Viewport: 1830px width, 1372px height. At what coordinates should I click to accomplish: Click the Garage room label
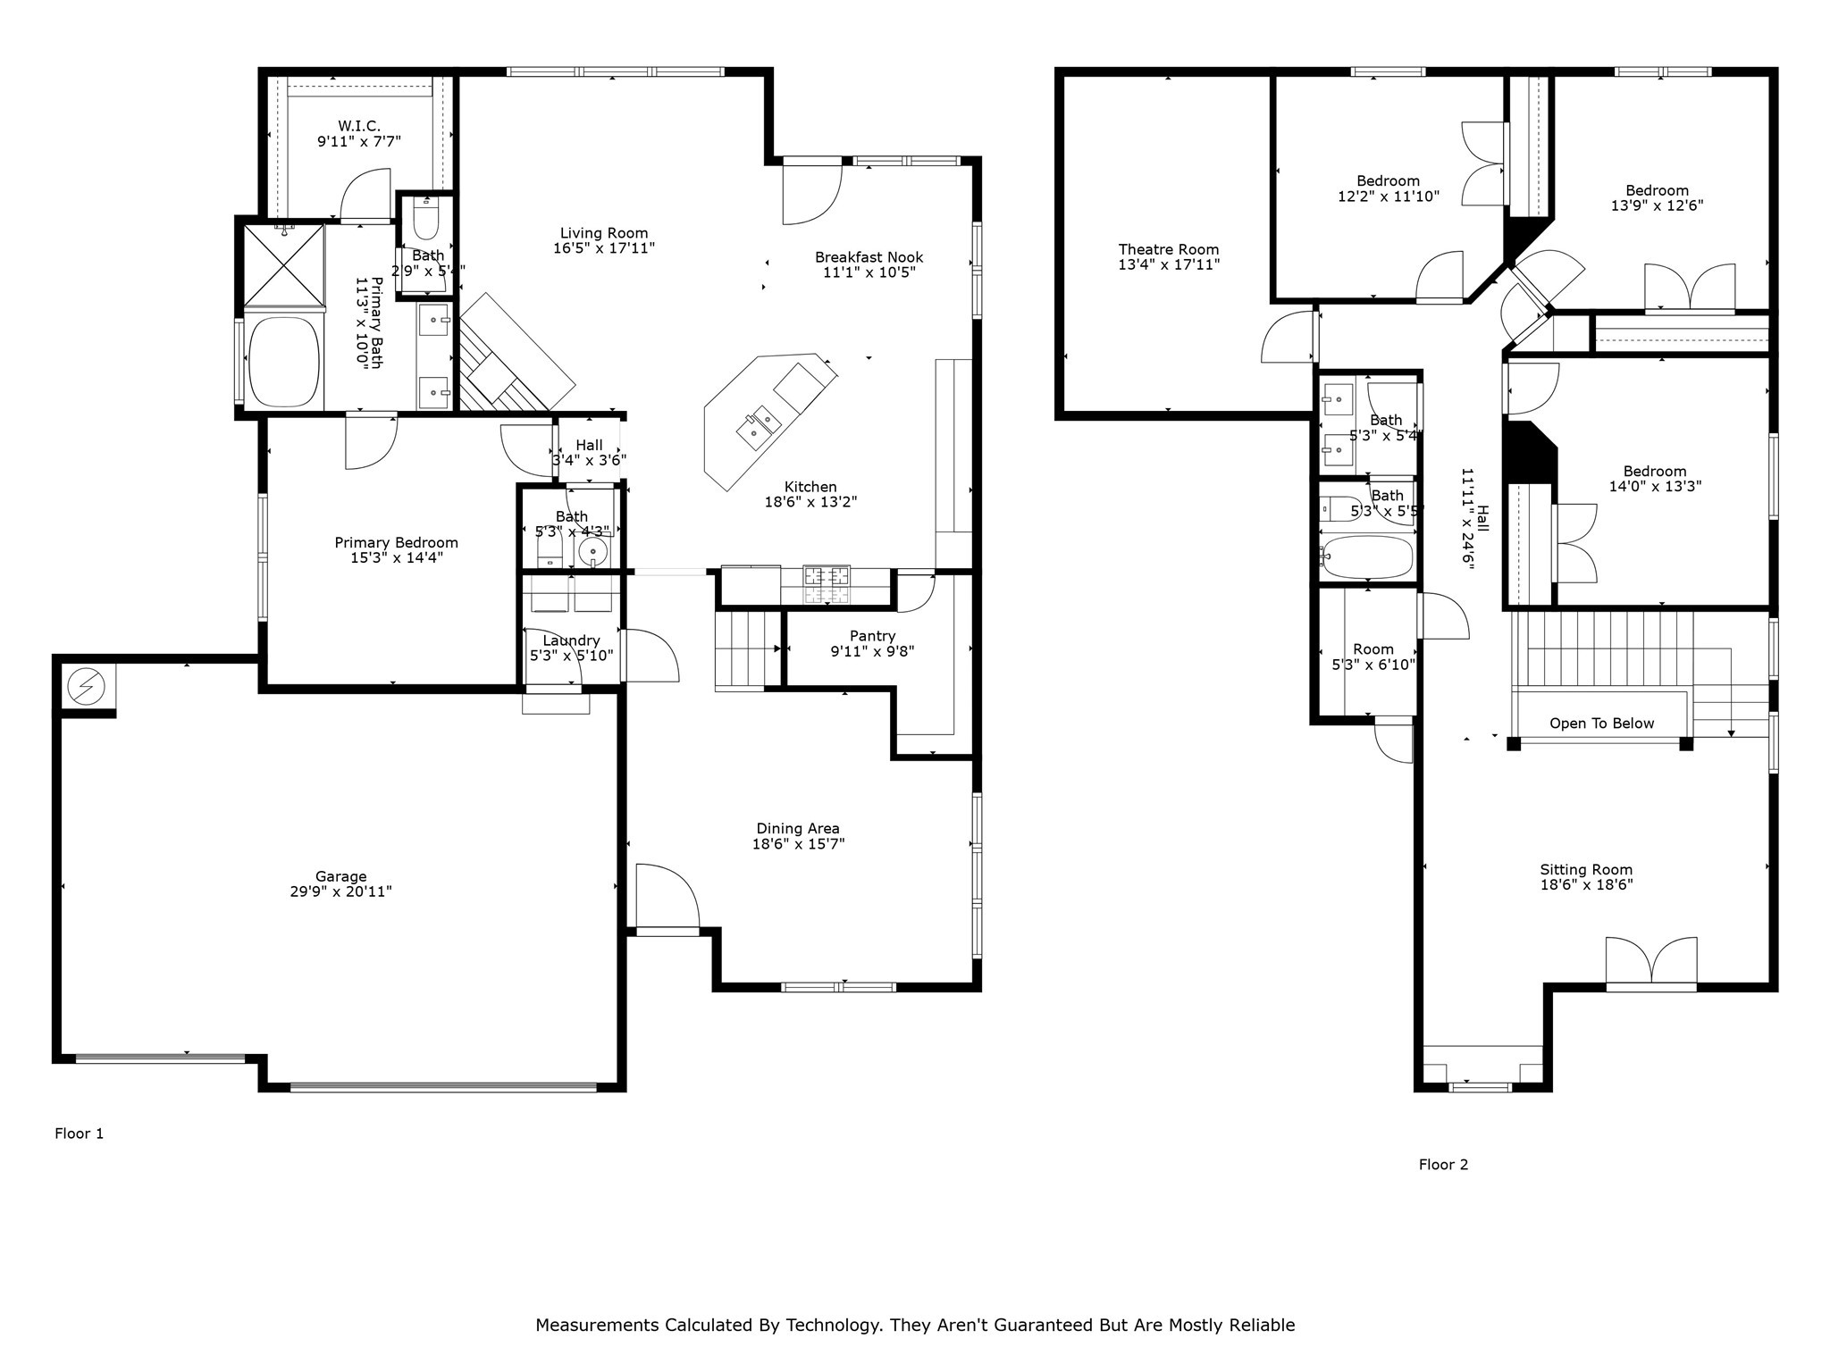click(x=340, y=876)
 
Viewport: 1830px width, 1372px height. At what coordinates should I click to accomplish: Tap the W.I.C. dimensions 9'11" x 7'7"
click(x=358, y=141)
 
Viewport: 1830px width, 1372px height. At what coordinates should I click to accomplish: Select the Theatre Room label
click(x=1168, y=249)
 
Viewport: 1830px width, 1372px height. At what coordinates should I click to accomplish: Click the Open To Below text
click(x=1601, y=724)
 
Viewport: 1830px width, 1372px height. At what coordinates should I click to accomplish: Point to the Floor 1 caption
click(x=79, y=1134)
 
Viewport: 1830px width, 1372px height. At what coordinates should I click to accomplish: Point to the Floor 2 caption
click(x=1443, y=1165)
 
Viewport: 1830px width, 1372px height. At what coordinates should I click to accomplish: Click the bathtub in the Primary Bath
click(x=284, y=362)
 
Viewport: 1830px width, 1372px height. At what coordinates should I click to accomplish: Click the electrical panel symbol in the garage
click(x=87, y=686)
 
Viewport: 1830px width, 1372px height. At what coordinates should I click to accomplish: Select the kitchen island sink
click(x=759, y=426)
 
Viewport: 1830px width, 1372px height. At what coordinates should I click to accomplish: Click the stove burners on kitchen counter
click(x=827, y=585)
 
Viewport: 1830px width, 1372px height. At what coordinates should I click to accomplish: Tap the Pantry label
click(x=872, y=636)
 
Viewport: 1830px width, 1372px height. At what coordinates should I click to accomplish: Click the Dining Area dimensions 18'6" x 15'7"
click(x=798, y=843)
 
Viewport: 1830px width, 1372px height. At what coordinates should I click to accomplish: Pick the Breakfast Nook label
click(x=869, y=257)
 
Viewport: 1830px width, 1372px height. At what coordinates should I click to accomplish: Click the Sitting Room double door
click(x=1651, y=963)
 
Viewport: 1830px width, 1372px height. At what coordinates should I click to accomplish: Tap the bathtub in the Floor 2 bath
click(x=1368, y=557)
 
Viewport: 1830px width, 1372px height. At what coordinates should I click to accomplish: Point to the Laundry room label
click(x=571, y=640)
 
